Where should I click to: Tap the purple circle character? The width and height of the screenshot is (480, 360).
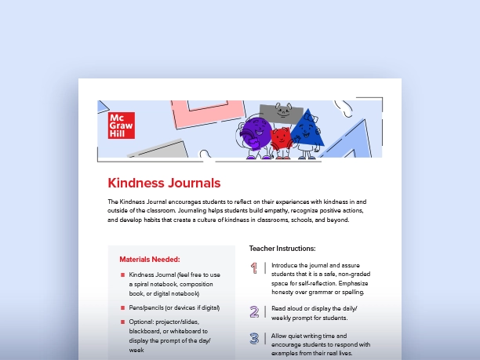click(256, 133)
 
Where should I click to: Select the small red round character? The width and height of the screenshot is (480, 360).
click(281, 140)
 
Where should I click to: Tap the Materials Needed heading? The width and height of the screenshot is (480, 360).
click(149, 259)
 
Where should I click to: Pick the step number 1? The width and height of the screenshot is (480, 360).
click(254, 268)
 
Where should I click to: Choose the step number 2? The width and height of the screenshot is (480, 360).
click(254, 311)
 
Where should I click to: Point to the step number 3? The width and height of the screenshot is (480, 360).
click(254, 339)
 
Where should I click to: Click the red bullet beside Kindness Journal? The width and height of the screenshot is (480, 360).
click(122, 275)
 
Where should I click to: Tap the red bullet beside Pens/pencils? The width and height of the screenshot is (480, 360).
click(122, 307)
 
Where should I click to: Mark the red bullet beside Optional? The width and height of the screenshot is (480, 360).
click(122, 322)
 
